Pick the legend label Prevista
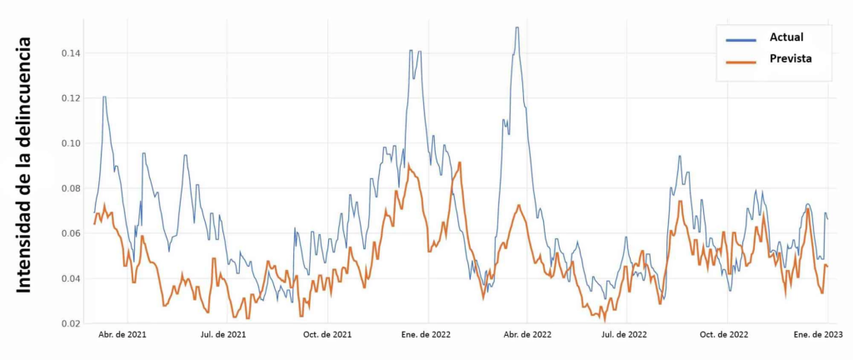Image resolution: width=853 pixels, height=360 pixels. [x=791, y=59]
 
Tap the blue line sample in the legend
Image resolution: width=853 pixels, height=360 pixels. [x=741, y=38]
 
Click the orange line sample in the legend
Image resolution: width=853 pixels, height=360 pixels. [x=741, y=60]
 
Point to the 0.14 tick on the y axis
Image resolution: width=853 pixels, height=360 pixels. [x=71, y=53]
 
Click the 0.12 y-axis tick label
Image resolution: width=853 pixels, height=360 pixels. [x=71, y=98]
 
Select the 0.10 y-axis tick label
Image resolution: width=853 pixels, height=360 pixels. [x=71, y=143]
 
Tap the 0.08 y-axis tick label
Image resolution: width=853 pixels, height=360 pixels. [x=71, y=188]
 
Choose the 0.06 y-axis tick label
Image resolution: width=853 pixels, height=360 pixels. [x=71, y=233]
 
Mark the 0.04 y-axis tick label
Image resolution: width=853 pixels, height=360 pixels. [x=71, y=278]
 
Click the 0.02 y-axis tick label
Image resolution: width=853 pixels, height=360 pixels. [x=71, y=323]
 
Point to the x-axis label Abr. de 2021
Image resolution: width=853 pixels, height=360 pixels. [x=122, y=335]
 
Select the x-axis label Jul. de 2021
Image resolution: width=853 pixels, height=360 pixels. [x=223, y=335]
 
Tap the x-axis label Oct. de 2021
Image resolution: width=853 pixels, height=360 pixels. [x=327, y=335]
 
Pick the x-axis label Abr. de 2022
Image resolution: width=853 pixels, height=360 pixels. [x=528, y=335]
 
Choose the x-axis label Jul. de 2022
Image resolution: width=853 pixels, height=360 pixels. [x=624, y=335]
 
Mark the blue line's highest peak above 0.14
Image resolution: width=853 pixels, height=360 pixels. [x=517, y=27]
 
